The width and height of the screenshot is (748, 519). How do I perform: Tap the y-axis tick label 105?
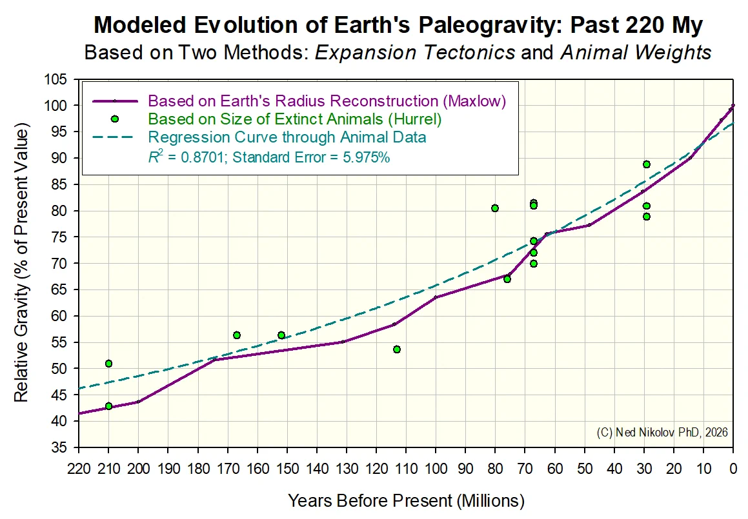tap(56, 79)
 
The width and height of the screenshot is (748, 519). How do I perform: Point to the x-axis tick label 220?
tap(79, 469)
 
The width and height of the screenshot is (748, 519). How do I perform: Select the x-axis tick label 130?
tap(347, 469)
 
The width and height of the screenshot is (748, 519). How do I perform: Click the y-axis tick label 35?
tap(59, 447)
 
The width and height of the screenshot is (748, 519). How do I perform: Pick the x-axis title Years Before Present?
tap(370, 501)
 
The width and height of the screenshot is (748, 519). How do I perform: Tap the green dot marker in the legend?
tap(114, 119)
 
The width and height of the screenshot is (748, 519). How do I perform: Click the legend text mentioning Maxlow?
tap(327, 101)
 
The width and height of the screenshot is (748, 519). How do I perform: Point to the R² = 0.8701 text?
tap(187, 156)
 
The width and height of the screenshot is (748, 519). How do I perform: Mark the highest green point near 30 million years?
tap(647, 164)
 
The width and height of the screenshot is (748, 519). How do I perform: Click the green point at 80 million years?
tap(495, 208)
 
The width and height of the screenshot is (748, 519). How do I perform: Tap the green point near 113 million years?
tap(396, 349)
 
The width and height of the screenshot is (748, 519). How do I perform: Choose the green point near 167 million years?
tap(237, 335)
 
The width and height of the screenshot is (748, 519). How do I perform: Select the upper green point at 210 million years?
tap(108, 364)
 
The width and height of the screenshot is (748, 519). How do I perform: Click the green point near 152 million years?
tap(281, 335)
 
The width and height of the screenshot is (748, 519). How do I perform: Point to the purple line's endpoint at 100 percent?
tap(733, 105)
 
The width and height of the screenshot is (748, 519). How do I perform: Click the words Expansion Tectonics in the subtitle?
tap(415, 52)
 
